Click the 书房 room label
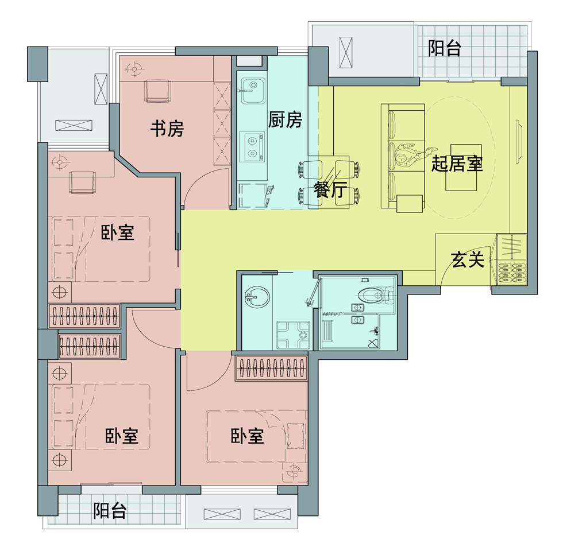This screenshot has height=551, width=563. tap(167, 130)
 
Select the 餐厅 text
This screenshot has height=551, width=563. tap(330, 190)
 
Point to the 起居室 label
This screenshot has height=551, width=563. tap(457, 165)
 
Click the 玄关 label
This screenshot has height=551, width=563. tap(466, 260)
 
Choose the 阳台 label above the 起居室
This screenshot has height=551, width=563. tap(445, 49)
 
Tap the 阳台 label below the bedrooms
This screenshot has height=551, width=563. tap(110, 510)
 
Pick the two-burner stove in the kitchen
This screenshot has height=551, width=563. tap(252, 146)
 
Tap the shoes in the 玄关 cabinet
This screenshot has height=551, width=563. tap(511, 273)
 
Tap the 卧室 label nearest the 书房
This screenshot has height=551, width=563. tap(118, 232)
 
